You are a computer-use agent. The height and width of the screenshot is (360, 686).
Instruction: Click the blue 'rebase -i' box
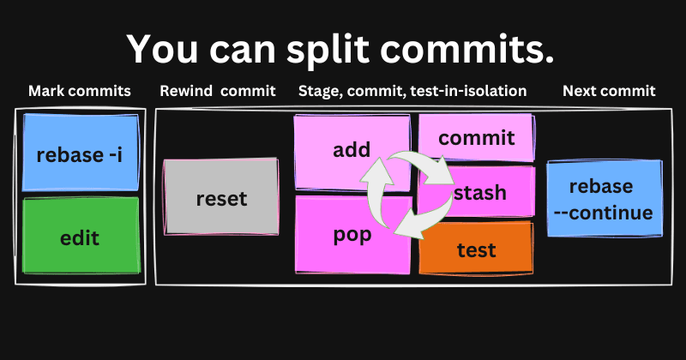click(x=79, y=154)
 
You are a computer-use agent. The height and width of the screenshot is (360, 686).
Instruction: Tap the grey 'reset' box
click(x=221, y=198)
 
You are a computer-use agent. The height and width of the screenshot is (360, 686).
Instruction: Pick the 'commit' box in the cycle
click(x=476, y=137)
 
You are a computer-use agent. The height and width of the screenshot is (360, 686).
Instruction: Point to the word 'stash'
click(x=480, y=192)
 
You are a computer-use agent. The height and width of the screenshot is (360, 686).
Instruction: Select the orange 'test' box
click(x=476, y=249)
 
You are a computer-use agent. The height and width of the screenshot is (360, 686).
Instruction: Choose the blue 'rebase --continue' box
click(x=604, y=199)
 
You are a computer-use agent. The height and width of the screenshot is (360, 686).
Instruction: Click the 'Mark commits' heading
click(x=80, y=91)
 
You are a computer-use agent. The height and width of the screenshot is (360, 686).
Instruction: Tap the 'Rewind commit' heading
click(x=218, y=91)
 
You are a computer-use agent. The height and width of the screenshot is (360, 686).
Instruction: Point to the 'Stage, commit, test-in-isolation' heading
click(x=412, y=91)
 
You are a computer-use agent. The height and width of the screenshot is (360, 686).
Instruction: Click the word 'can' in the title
click(x=239, y=49)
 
